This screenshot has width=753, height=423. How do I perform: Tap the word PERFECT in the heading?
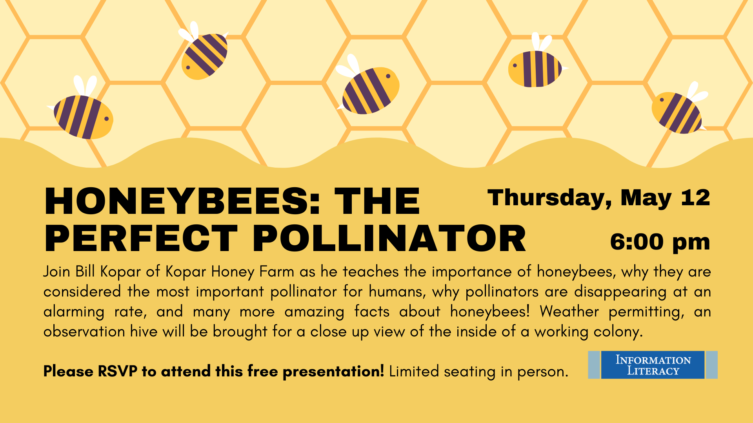click(141, 239)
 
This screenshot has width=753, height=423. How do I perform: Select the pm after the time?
click(691, 244)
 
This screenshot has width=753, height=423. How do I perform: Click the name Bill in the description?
click(85, 271)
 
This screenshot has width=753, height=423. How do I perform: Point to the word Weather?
click(569, 311)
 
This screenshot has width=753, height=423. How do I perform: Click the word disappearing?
click(620, 292)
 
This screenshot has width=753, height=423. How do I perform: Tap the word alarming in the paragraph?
click(74, 312)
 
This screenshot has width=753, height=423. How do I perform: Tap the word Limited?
click(414, 371)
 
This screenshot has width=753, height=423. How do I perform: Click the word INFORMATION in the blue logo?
click(653, 360)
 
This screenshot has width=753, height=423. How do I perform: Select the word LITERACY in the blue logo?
click(653, 371)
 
